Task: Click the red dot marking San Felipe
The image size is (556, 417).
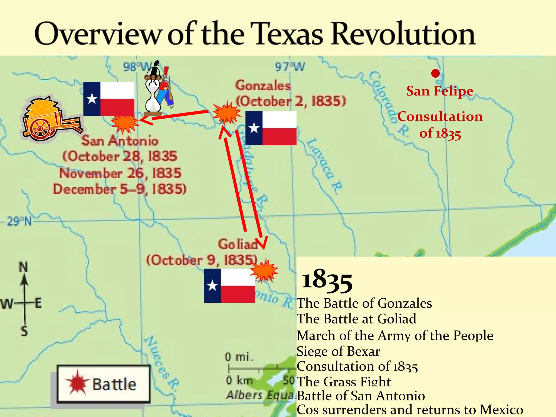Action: coord(435,73)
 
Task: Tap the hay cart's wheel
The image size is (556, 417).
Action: coord(40,129)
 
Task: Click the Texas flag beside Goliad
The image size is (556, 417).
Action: coord(229,286)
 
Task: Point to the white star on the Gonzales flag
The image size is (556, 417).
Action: coord(254,128)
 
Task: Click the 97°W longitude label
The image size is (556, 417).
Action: coord(290,67)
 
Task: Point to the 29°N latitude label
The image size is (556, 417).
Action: coord(19,221)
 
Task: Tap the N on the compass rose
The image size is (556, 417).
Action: coord(23,267)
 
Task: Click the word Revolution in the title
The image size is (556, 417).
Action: coord(403,34)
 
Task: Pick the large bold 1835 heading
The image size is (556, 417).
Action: coord(327,280)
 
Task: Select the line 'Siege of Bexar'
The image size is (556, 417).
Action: coord(338,351)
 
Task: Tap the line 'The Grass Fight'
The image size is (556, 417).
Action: coord(344,382)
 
